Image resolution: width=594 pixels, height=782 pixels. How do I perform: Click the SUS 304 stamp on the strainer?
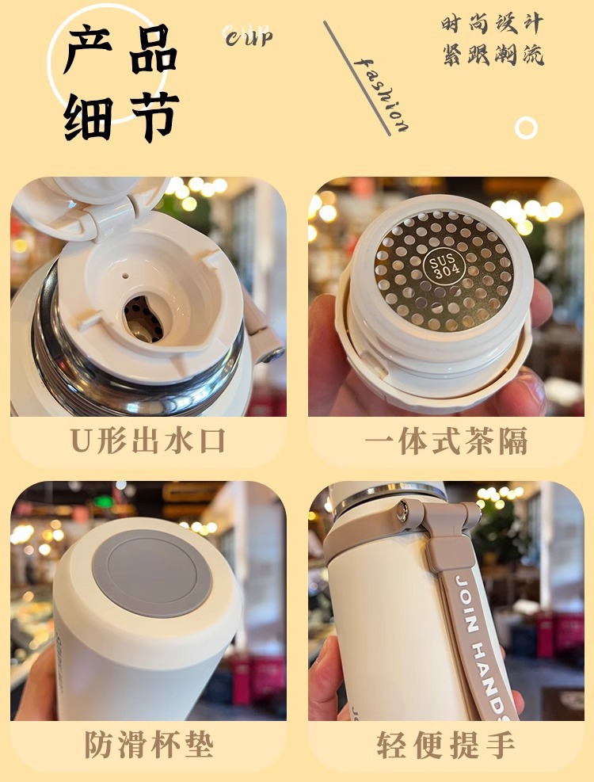[x=440, y=267]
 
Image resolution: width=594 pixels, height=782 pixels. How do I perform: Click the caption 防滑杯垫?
[x=148, y=746]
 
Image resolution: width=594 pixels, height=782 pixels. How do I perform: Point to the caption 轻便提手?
[x=446, y=746]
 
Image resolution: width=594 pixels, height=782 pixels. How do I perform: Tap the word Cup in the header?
[x=248, y=36]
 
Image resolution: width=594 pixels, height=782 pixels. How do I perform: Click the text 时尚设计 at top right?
[x=493, y=25]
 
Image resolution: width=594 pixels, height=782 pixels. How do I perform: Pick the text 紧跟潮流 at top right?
[x=493, y=56]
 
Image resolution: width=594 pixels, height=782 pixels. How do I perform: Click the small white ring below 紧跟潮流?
[x=526, y=128]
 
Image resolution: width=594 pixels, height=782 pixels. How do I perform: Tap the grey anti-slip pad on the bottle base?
[x=151, y=571]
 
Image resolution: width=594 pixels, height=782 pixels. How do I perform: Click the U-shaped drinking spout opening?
[x=145, y=318]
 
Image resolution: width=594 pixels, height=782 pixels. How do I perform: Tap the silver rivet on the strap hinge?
[x=403, y=516]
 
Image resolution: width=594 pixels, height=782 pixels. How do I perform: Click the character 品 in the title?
[x=150, y=49]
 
